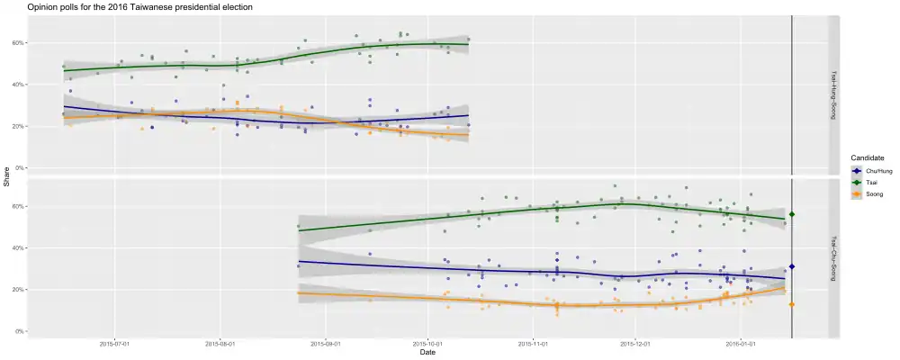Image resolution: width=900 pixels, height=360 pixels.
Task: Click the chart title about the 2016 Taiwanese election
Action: click(x=139, y=7)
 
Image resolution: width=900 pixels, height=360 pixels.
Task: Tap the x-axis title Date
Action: click(x=428, y=352)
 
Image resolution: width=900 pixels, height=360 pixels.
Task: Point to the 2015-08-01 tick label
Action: click(x=220, y=343)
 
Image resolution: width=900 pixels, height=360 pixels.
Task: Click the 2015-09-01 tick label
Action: click(x=325, y=343)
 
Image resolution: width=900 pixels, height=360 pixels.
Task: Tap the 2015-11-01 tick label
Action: click(x=534, y=343)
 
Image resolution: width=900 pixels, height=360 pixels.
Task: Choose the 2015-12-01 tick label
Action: click(x=636, y=343)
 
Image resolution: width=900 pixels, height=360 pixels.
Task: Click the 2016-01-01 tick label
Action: click(x=740, y=343)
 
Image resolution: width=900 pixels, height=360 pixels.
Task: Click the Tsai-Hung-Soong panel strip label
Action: click(x=833, y=95)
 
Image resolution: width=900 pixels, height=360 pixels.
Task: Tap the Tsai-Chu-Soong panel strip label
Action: click(x=833, y=258)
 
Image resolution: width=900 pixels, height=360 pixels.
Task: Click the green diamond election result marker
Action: click(x=792, y=214)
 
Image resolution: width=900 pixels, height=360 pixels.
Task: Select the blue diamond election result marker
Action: click(x=792, y=266)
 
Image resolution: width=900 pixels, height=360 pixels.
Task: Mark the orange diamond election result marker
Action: click(x=792, y=304)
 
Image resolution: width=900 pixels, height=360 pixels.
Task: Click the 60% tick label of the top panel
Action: click(x=18, y=43)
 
